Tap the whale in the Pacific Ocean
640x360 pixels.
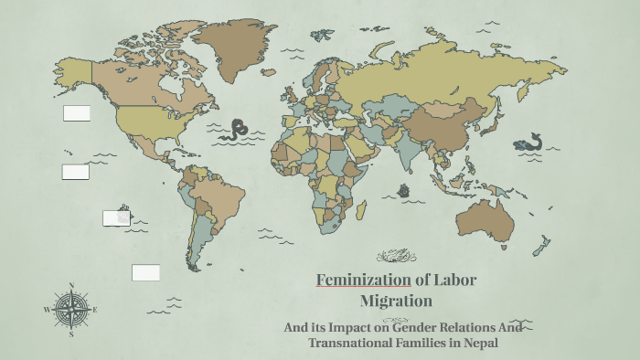tap(528, 143)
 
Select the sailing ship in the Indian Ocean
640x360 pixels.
tap(403, 191)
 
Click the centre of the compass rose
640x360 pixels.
tap(71, 309)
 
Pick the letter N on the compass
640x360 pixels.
tap(71, 285)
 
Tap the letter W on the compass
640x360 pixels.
tap(47, 310)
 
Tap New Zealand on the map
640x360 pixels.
tap(541, 245)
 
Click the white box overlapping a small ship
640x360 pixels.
tap(116, 217)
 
